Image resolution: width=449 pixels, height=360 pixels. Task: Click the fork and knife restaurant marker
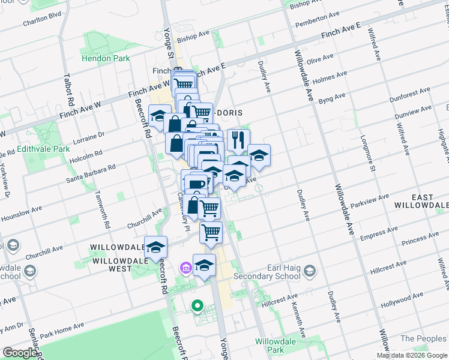[238, 140]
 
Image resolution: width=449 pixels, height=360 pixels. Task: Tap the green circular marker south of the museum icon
[196, 307]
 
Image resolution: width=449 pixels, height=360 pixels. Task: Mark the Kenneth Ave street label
[298, 315]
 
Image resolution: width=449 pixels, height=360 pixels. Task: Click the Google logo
[20, 353]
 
